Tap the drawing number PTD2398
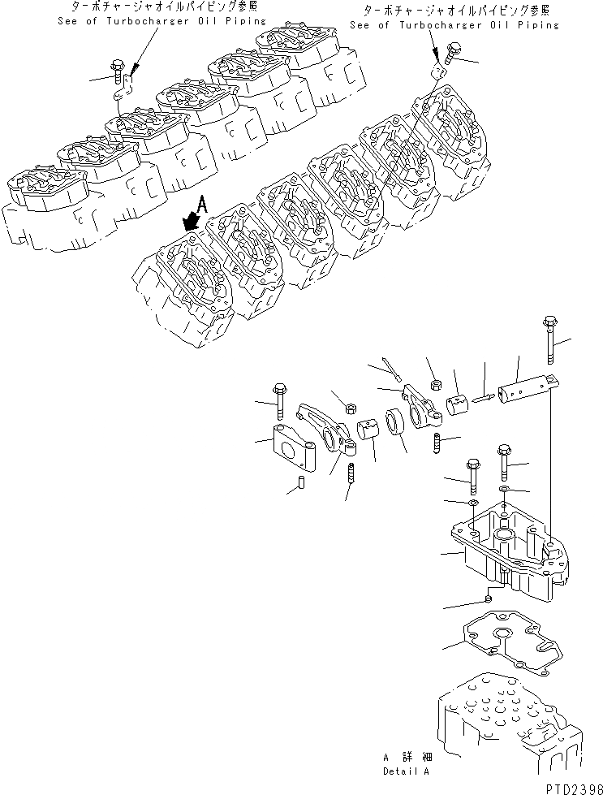coord(571,788)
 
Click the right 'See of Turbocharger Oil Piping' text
coord(454,25)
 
